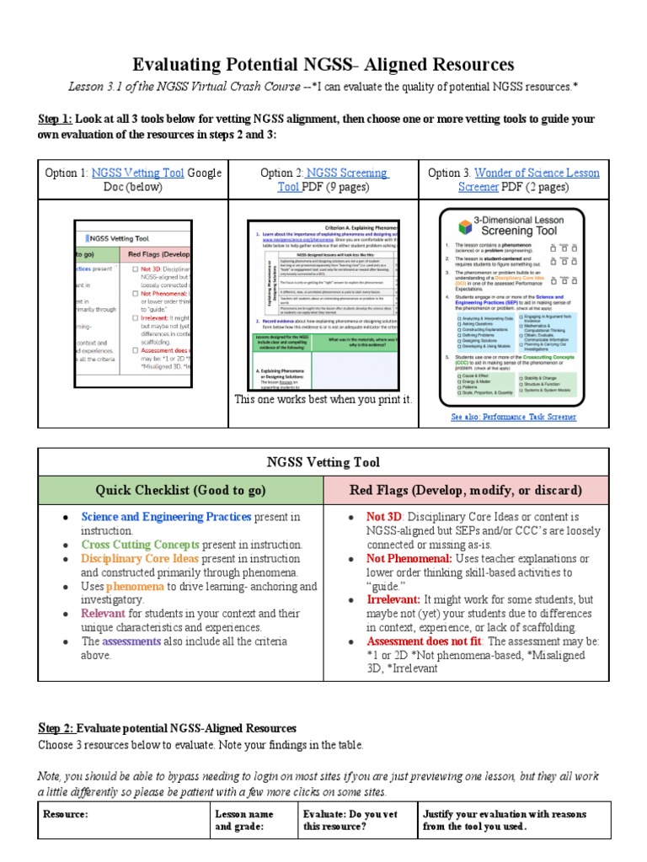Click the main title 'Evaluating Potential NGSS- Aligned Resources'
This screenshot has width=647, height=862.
tap(323, 65)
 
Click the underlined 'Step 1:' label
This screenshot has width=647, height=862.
tap(56, 119)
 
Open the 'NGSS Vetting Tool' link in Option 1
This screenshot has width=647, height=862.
tap(137, 173)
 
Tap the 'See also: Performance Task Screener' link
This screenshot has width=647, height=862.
tap(514, 416)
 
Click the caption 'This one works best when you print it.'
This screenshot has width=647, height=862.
tap(323, 399)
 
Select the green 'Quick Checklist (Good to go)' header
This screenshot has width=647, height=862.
tap(180, 490)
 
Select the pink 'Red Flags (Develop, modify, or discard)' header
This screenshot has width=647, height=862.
tap(467, 490)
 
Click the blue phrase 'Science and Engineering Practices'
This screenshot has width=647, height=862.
tap(166, 517)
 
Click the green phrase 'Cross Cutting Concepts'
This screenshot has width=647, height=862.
tap(139, 545)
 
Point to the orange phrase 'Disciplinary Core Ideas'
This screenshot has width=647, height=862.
tap(140, 558)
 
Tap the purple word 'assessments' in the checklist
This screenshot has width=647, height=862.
tap(131, 641)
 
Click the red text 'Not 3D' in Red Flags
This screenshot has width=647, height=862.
tap(384, 517)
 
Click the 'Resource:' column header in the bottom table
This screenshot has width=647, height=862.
tap(66, 814)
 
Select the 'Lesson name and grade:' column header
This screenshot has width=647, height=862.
tap(243, 820)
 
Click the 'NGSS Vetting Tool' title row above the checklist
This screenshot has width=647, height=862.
tap(323, 462)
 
